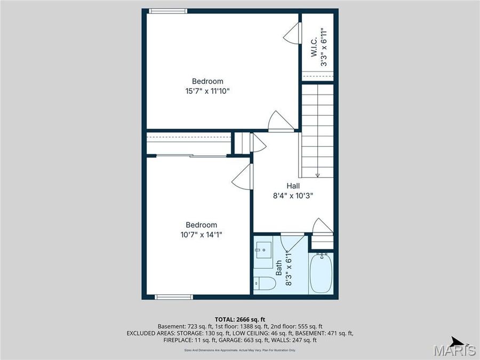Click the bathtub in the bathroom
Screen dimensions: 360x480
321,273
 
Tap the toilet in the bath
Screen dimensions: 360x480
265,284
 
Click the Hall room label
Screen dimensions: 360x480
293,186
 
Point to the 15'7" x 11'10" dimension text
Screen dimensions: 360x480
207,91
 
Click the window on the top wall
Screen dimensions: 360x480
168,11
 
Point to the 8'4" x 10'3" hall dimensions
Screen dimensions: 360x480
293,195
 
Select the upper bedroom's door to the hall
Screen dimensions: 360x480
280,122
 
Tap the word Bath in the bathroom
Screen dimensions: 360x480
278,267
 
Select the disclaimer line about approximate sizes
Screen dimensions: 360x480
239,350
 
